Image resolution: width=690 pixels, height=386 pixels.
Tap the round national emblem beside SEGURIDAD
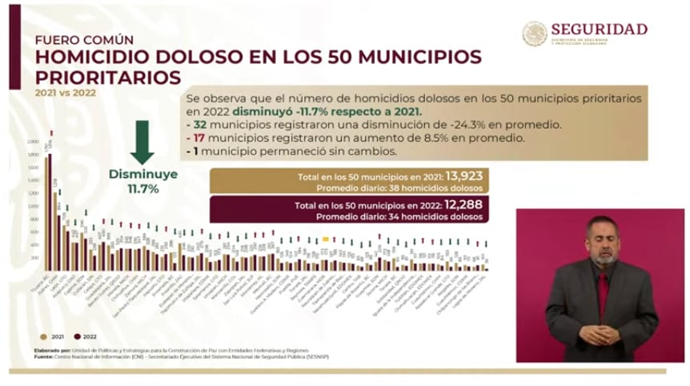[535, 34]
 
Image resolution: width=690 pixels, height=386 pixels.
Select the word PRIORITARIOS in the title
[108, 78]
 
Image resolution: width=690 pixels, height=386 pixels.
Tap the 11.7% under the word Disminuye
[144, 189]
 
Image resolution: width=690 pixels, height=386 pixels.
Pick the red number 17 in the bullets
[196, 138]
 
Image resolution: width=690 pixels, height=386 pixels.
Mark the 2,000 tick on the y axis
[32, 142]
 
